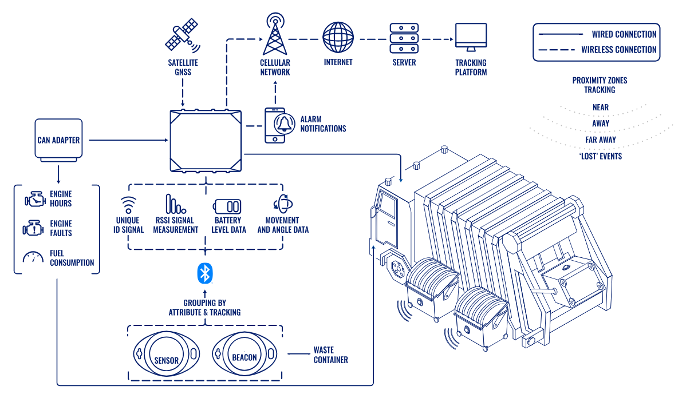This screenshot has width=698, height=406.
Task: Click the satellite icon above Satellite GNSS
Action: (182, 35)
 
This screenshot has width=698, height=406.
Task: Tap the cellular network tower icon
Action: (275, 34)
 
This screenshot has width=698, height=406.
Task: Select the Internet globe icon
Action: (338, 37)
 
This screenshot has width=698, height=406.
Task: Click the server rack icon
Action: (404, 38)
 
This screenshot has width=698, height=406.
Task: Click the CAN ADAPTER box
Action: (58, 140)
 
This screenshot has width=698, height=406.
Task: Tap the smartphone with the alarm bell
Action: (275, 125)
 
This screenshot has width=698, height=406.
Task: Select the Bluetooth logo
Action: (204, 273)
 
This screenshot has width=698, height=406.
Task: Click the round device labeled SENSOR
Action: (166, 354)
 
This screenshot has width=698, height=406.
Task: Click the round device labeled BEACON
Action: (245, 354)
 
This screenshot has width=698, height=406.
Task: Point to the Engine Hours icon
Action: (34, 200)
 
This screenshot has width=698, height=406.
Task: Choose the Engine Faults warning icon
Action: (33, 229)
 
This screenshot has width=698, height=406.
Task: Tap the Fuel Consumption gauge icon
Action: (33, 258)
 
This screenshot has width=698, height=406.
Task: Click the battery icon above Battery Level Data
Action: (227, 206)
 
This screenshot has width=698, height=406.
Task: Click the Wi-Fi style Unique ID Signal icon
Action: (129, 205)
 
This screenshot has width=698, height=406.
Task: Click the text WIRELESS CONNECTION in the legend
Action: (618, 50)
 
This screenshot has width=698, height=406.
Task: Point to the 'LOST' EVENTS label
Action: (600, 156)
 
